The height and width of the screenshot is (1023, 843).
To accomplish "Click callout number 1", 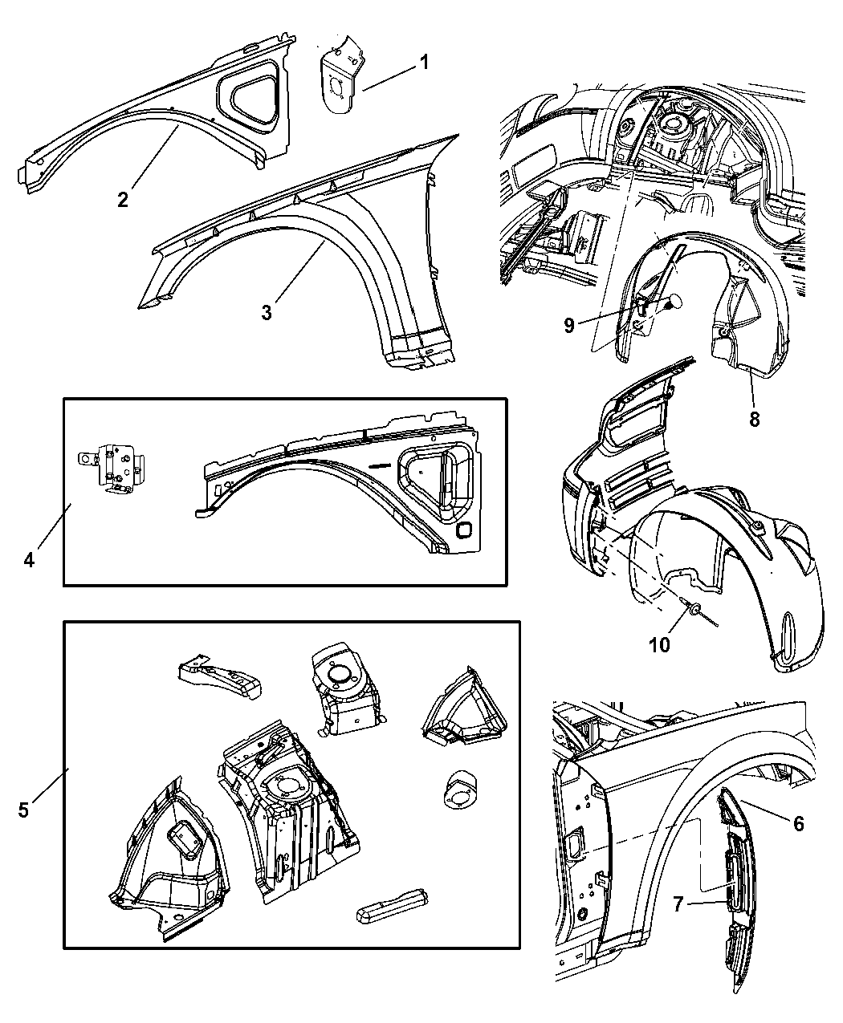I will tap(424, 63).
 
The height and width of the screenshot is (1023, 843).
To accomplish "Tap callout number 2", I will tap(122, 198).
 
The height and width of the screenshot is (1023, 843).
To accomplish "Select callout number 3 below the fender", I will tap(266, 312).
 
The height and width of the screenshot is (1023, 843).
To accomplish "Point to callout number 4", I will tap(29, 559).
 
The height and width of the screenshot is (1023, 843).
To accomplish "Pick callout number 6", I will tap(797, 823).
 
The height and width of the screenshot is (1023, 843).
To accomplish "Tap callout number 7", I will tap(676, 905).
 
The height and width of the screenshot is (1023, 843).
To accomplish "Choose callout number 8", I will tap(754, 417).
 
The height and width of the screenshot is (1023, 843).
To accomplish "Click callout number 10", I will tap(659, 644).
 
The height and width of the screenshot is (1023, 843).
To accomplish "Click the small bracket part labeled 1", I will tap(340, 76).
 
